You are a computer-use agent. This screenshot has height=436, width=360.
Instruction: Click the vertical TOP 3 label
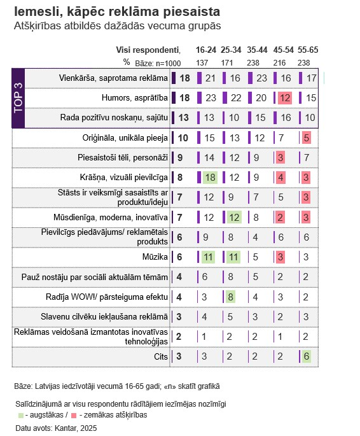(18, 98)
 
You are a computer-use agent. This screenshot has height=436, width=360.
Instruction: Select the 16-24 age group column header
(206, 50)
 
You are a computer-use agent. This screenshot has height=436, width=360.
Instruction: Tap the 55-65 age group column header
(308, 50)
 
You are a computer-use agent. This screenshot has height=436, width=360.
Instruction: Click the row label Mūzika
(155, 257)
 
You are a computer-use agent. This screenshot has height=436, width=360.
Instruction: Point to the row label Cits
(161, 356)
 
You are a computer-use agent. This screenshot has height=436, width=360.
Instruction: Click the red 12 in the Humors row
(285, 98)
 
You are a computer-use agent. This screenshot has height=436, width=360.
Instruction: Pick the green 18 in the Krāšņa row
(210, 178)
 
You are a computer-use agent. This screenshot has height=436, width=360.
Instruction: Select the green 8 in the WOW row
(230, 297)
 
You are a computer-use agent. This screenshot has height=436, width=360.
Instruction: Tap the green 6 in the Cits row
(306, 356)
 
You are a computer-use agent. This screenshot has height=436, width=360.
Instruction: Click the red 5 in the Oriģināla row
(306, 138)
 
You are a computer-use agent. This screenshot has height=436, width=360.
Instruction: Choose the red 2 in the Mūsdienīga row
(280, 218)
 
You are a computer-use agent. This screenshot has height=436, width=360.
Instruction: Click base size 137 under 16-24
(202, 63)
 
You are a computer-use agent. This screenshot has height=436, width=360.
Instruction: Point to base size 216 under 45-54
(279, 63)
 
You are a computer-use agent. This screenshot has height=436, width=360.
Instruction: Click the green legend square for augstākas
(20, 416)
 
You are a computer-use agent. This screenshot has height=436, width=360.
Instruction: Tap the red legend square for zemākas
(74, 416)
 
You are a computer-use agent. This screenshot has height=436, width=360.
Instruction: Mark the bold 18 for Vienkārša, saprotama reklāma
(184, 78)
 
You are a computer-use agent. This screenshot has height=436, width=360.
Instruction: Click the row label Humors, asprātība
(135, 98)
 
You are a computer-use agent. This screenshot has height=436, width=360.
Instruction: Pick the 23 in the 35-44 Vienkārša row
(261, 78)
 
